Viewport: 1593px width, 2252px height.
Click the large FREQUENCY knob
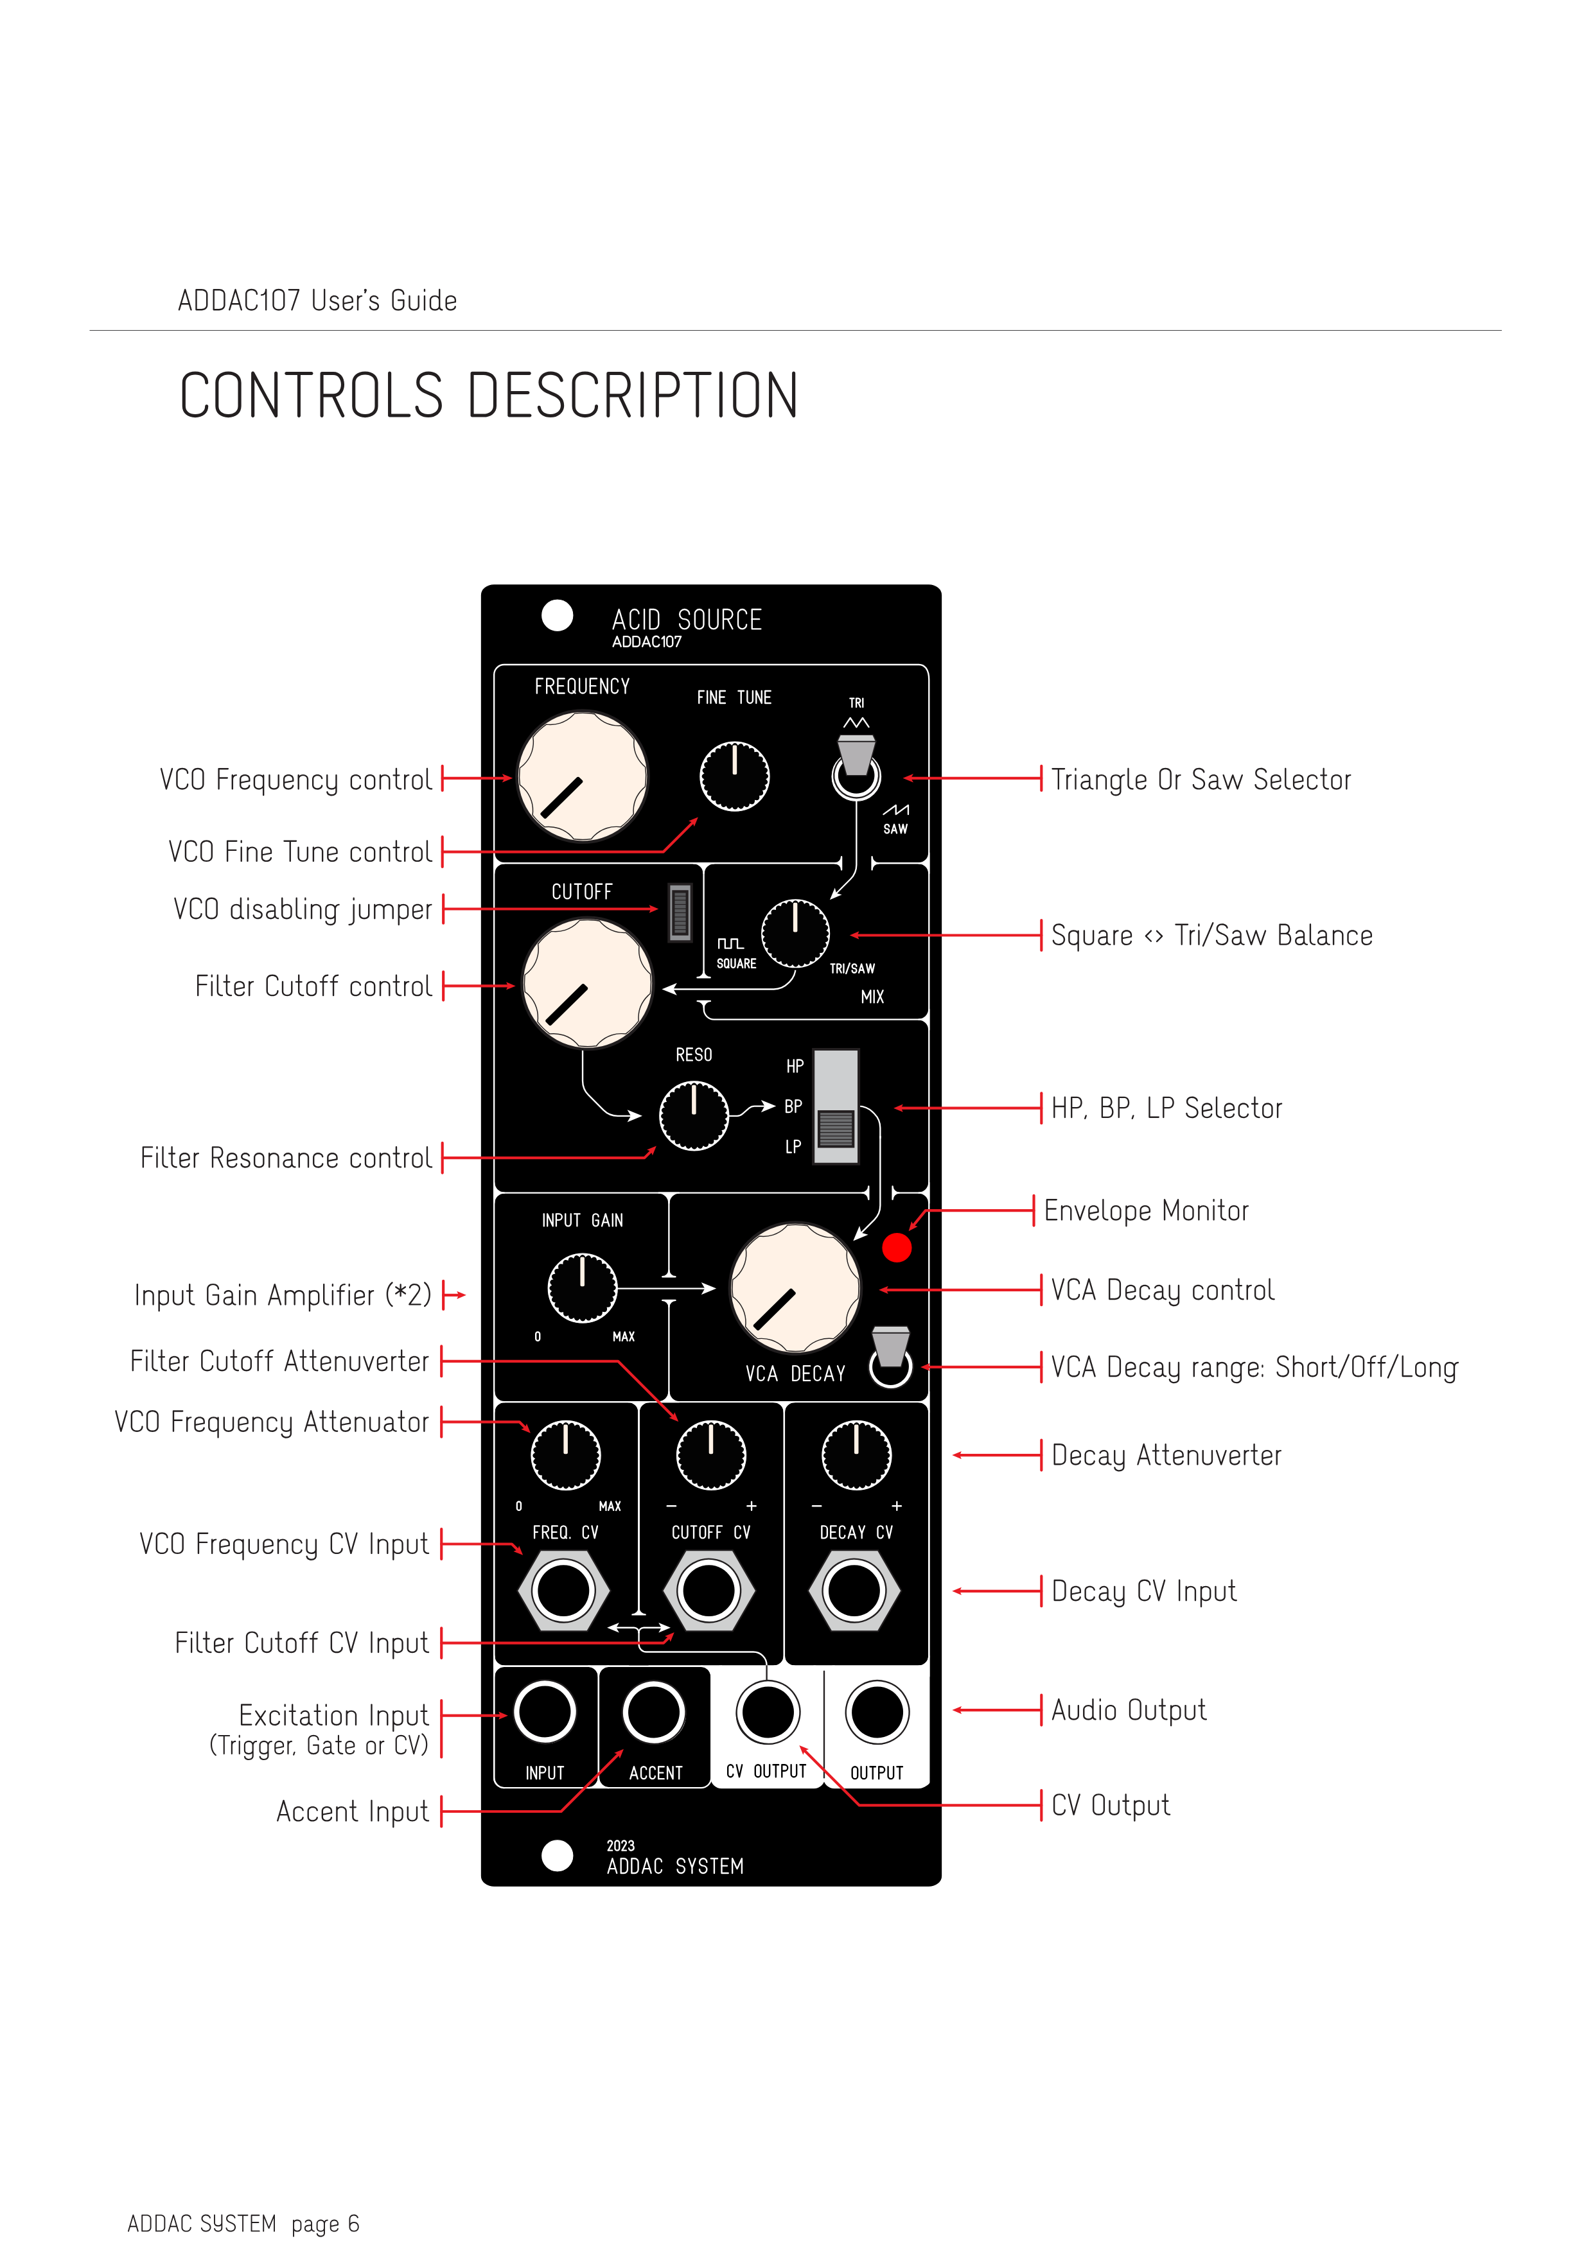coord(582,777)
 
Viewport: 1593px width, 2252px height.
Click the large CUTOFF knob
coord(586,982)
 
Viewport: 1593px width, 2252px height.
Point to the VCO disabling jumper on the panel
coord(680,912)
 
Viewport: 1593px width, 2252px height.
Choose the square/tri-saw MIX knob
coord(795,933)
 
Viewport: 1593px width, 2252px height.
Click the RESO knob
coord(694,1115)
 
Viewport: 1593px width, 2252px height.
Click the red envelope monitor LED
coord(897,1248)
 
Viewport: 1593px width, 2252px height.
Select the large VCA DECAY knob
coord(795,1288)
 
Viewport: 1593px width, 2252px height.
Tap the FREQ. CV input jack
coord(563,1591)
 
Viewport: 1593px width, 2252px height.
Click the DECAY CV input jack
coord(854,1591)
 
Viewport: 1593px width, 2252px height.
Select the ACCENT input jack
coord(653,1713)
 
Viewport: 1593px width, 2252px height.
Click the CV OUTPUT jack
coord(768,1713)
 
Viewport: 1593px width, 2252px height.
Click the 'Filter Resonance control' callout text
coord(285,1158)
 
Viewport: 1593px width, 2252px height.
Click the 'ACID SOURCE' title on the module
coord(687,620)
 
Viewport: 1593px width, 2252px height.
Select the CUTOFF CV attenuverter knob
coord(711,1454)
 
